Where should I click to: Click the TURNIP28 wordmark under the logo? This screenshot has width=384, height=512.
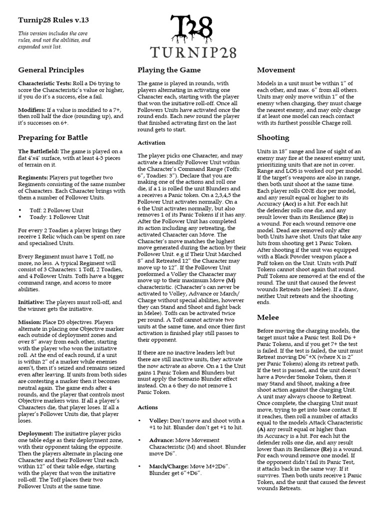[192, 52]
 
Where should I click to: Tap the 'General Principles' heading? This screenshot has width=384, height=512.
[51, 70]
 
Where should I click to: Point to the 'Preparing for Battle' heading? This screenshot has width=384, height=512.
[53, 137]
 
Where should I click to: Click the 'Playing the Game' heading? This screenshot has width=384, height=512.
[169, 70]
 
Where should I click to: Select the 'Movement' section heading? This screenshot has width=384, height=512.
[276, 70]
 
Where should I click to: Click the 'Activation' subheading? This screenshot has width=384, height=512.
[151, 143]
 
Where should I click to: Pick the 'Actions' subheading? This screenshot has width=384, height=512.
[148, 407]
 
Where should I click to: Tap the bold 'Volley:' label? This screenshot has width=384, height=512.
[160, 421]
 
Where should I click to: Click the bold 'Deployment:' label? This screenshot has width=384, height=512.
[36, 433]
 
